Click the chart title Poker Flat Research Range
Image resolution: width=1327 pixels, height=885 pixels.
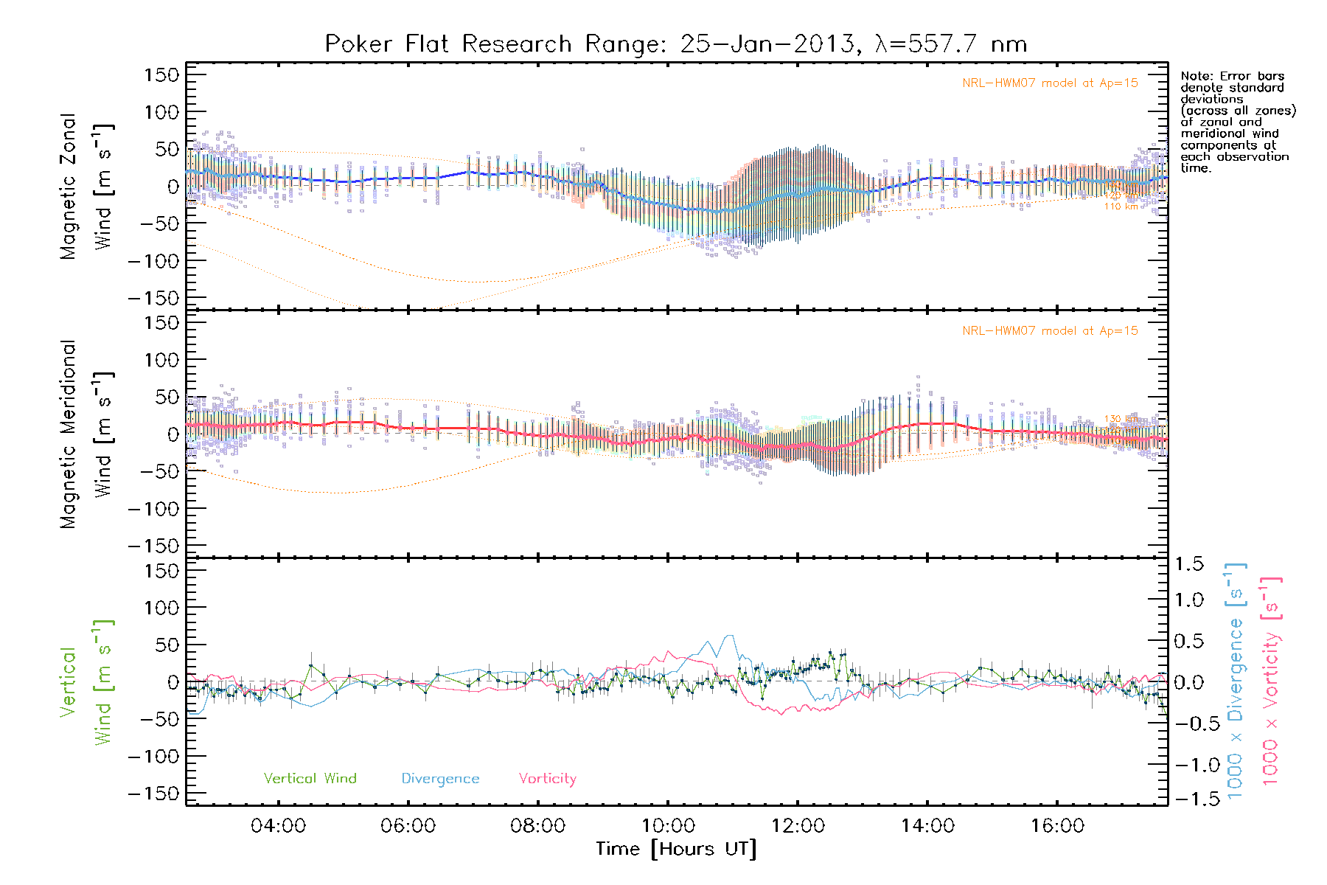point(675,44)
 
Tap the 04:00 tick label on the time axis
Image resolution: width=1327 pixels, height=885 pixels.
point(278,826)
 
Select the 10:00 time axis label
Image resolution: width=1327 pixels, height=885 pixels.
point(668,826)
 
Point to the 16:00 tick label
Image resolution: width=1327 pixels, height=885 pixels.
point(1057,826)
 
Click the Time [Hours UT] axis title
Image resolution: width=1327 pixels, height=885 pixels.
point(676,849)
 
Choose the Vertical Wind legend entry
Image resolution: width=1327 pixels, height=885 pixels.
point(310,778)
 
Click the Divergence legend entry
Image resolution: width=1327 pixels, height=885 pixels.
point(440,778)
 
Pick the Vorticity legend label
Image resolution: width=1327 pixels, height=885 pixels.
point(547,778)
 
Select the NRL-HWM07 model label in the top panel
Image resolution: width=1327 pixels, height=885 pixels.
point(1050,83)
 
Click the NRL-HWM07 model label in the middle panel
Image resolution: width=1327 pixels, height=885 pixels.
point(1050,331)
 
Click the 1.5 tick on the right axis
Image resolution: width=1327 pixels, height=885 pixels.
point(1188,564)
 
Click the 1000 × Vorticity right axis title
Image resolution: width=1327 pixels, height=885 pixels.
point(1271,680)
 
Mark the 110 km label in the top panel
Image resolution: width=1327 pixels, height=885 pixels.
point(1121,206)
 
